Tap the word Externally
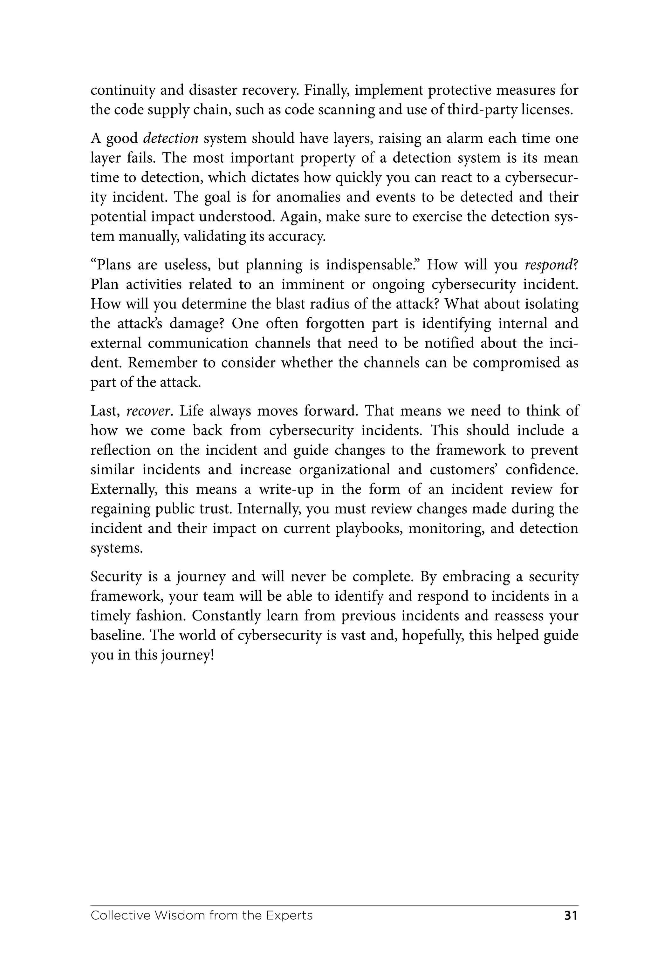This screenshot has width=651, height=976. point(124,489)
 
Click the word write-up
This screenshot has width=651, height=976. point(286,489)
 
